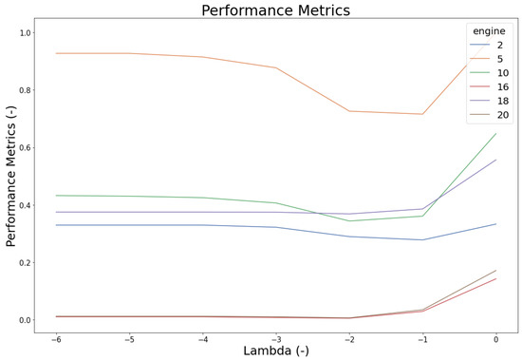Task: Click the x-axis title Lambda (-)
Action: coord(276,350)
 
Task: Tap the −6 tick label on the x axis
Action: coord(56,337)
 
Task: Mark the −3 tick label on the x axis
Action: coord(276,337)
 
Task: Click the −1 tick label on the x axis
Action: coord(422,337)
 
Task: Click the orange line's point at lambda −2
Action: coord(349,111)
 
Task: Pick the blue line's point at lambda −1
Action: coord(423,239)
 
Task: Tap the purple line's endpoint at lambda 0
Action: coord(496,160)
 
